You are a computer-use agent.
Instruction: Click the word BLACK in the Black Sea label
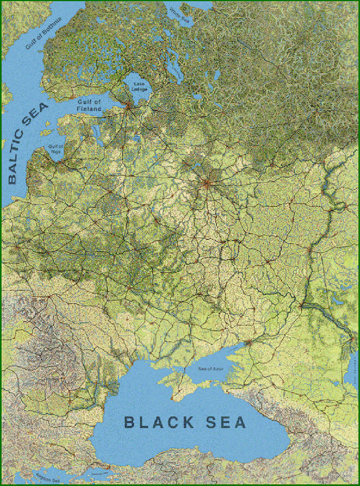159,422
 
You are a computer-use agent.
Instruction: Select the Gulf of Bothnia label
43,33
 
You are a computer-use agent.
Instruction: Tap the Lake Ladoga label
139,87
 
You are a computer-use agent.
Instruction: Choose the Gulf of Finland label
89,106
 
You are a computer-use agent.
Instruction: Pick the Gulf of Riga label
55,149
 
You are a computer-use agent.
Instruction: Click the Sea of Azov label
211,369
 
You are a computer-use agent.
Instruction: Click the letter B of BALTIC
12,179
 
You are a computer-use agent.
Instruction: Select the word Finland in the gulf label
89,109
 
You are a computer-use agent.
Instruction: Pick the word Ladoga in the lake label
139,89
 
